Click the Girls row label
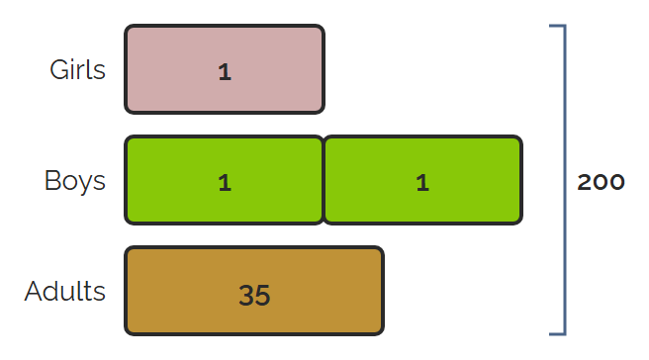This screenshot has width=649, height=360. pyautogui.click(x=77, y=69)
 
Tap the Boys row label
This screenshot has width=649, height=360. pyautogui.click(x=75, y=181)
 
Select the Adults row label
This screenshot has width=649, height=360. pyautogui.click(x=65, y=292)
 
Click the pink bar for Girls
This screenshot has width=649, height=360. pyautogui.click(x=225, y=69)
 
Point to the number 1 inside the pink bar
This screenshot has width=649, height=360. pyautogui.click(x=225, y=72)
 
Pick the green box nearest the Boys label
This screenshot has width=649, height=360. pyautogui.click(x=224, y=180)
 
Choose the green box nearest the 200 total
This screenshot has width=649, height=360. pyautogui.click(x=422, y=180)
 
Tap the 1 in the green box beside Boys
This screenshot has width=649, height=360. pyautogui.click(x=225, y=183)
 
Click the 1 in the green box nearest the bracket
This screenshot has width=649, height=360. pyautogui.click(x=422, y=183)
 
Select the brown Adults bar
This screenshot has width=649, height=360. pyautogui.click(x=254, y=291)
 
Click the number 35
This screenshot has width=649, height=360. pyautogui.click(x=254, y=295)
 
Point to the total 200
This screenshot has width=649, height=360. pyautogui.click(x=601, y=182)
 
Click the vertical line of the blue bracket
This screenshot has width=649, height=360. pyautogui.click(x=565, y=180)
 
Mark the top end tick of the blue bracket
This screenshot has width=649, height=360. pyautogui.click(x=557, y=26)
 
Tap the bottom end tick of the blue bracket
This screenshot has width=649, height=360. pyautogui.click(x=557, y=333)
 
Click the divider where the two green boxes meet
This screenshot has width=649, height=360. pyautogui.click(x=324, y=180)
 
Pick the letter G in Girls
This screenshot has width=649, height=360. pyautogui.click(x=58, y=69)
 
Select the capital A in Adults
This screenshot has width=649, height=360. pyautogui.click(x=34, y=292)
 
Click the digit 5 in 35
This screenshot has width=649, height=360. pyautogui.click(x=263, y=296)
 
